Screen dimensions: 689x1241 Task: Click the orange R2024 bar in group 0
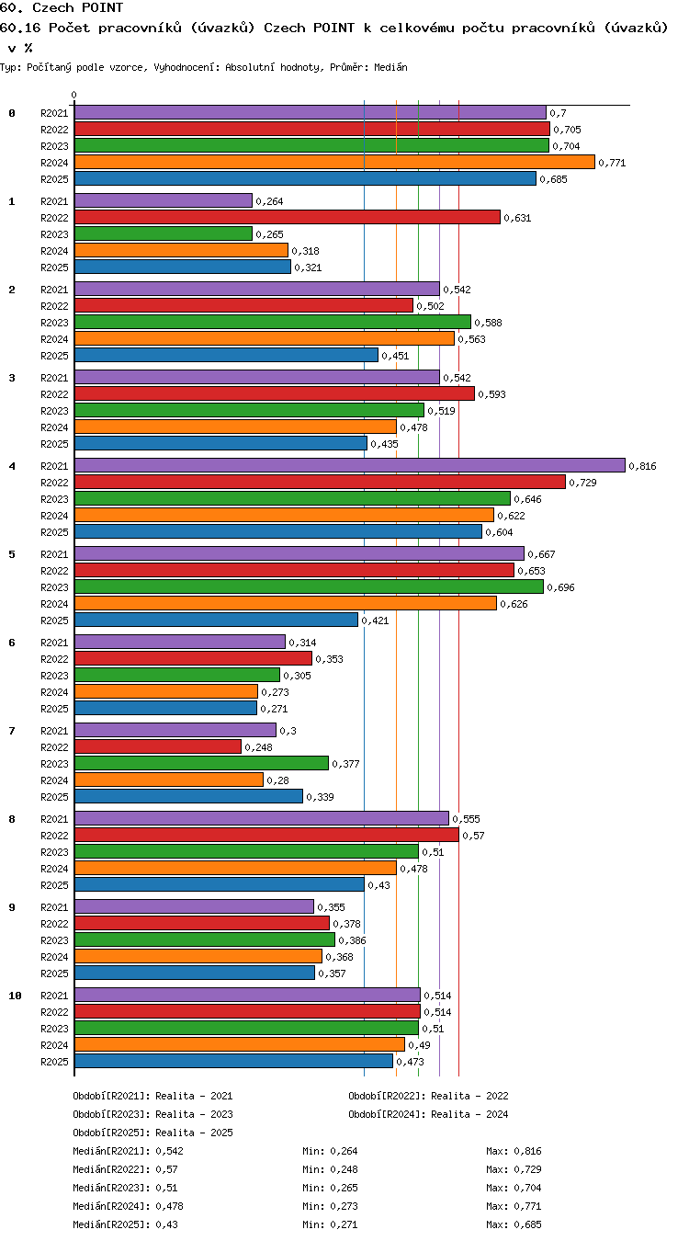tap(334, 163)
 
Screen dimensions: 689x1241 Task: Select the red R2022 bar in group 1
tap(288, 217)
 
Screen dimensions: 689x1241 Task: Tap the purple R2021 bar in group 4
tap(350, 465)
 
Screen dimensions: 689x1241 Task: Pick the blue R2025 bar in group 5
tap(217, 620)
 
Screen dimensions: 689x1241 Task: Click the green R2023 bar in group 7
tap(201, 763)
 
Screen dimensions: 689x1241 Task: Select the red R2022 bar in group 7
tap(158, 746)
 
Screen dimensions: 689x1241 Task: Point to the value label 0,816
tap(642, 466)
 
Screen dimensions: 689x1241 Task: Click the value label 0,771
tap(612, 163)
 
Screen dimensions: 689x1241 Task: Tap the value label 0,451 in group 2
tap(395, 356)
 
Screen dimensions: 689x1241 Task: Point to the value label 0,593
tap(491, 394)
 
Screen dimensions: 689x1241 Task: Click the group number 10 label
tap(15, 996)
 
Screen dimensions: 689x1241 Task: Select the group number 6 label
tap(12, 643)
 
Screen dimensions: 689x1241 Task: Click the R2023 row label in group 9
tap(54, 940)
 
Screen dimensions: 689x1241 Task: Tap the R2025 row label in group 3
tap(54, 444)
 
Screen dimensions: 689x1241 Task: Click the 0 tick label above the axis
tap(74, 96)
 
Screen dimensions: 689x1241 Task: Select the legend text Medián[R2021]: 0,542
tap(128, 1151)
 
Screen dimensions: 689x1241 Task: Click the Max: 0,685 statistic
tap(514, 1224)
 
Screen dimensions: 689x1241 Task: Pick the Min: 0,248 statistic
tap(330, 1169)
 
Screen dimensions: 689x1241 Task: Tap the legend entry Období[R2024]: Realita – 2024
tap(428, 1114)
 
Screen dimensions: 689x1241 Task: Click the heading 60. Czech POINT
tap(62, 7)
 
